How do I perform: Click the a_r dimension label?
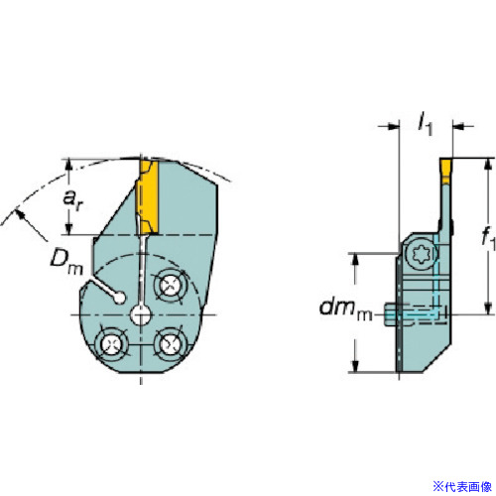[x=72, y=200]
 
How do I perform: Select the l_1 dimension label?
[x=426, y=125]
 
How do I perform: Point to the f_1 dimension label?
[x=488, y=237]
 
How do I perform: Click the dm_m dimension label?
[x=346, y=310]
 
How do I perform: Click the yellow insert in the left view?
[x=148, y=197]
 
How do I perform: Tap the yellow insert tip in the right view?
[x=446, y=171]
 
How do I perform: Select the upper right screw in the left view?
[x=170, y=284]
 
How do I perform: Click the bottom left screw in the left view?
[x=111, y=344]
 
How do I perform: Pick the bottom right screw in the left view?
[x=170, y=344]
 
